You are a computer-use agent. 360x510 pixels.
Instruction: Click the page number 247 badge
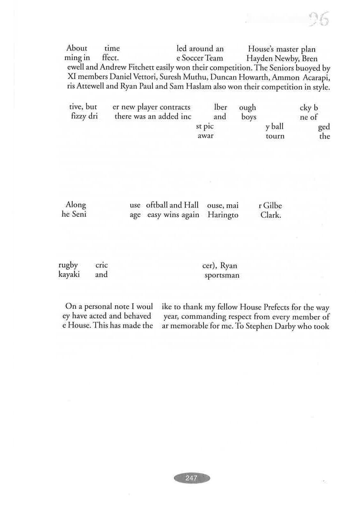coord(192,478)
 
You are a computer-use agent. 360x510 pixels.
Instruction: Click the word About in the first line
coord(77,49)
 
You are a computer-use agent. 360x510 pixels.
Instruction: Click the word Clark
coord(270,215)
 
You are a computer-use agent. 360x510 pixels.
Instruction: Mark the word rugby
coord(68,266)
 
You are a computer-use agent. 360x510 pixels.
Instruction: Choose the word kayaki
coord(69,275)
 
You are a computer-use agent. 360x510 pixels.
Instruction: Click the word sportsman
coord(222,275)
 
